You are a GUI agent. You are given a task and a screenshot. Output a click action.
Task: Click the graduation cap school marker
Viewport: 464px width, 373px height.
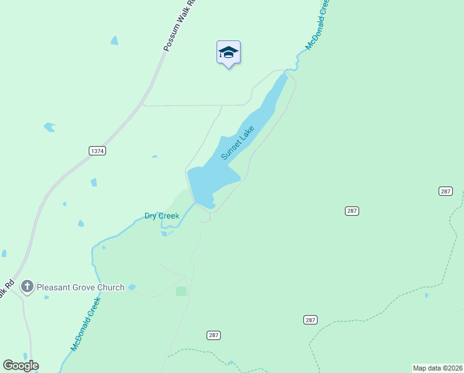(x=228, y=53)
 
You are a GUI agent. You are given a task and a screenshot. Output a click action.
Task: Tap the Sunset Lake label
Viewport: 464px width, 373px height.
(x=238, y=143)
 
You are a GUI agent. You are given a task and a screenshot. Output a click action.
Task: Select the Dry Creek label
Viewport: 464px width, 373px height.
(x=161, y=216)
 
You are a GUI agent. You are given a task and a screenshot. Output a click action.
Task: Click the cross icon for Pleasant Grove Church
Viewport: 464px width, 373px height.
(x=27, y=287)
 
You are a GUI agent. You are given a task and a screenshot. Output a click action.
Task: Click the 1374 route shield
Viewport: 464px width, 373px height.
(x=97, y=150)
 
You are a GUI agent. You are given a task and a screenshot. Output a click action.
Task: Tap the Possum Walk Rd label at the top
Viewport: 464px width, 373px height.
(x=178, y=25)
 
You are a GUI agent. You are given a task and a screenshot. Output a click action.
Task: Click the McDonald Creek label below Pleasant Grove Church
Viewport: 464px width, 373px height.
(x=85, y=325)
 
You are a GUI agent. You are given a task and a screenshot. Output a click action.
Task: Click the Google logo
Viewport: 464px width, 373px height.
(x=20, y=366)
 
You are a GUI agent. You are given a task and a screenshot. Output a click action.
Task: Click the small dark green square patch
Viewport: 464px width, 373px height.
(x=181, y=291)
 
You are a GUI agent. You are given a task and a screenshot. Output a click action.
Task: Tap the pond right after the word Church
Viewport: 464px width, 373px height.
(x=132, y=287)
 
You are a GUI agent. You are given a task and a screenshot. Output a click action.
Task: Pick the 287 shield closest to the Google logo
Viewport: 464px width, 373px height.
(x=213, y=334)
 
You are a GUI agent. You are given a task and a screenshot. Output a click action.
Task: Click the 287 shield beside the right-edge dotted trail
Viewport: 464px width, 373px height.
(x=445, y=191)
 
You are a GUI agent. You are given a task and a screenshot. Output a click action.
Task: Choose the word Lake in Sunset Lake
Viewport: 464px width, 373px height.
(x=247, y=134)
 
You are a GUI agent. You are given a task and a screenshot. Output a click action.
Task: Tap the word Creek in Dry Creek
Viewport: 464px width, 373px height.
(x=169, y=216)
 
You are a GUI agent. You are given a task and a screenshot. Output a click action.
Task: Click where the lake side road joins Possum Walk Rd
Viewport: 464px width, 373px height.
(x=144, y=105)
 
